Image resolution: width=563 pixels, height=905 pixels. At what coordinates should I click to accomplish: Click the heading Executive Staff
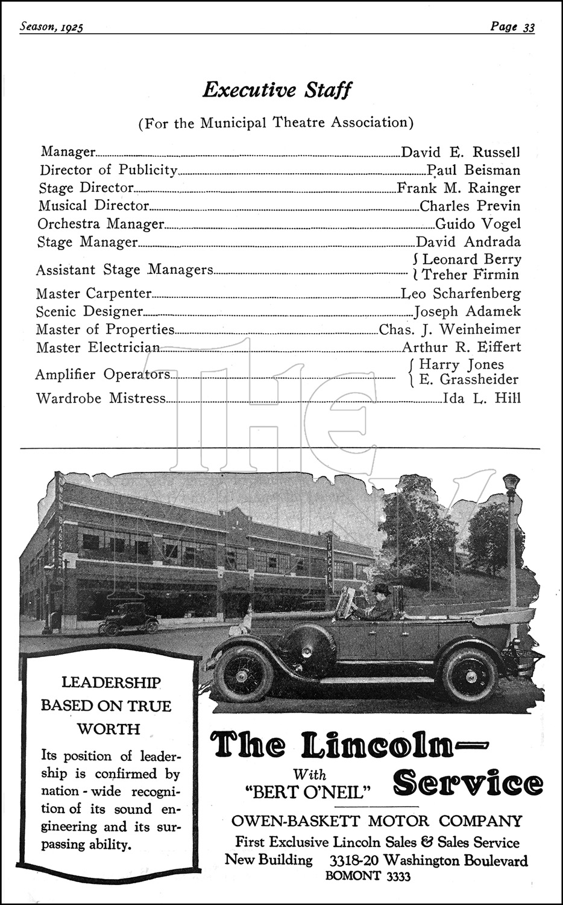277,91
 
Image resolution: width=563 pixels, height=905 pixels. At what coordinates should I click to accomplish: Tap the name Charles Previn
470,206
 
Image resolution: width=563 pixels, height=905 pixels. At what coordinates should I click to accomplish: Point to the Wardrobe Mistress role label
101,398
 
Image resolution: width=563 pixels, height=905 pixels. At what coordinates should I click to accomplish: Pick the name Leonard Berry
471,259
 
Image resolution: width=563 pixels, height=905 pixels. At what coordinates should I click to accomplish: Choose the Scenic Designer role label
89,312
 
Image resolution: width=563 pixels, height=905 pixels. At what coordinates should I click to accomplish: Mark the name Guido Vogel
477,224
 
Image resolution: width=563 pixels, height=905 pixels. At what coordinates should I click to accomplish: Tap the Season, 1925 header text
51,27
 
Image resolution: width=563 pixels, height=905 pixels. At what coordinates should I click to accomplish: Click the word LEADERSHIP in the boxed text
112,683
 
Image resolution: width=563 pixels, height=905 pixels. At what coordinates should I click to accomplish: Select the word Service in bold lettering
468,784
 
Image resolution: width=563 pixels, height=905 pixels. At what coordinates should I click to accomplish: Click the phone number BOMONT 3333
368,877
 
